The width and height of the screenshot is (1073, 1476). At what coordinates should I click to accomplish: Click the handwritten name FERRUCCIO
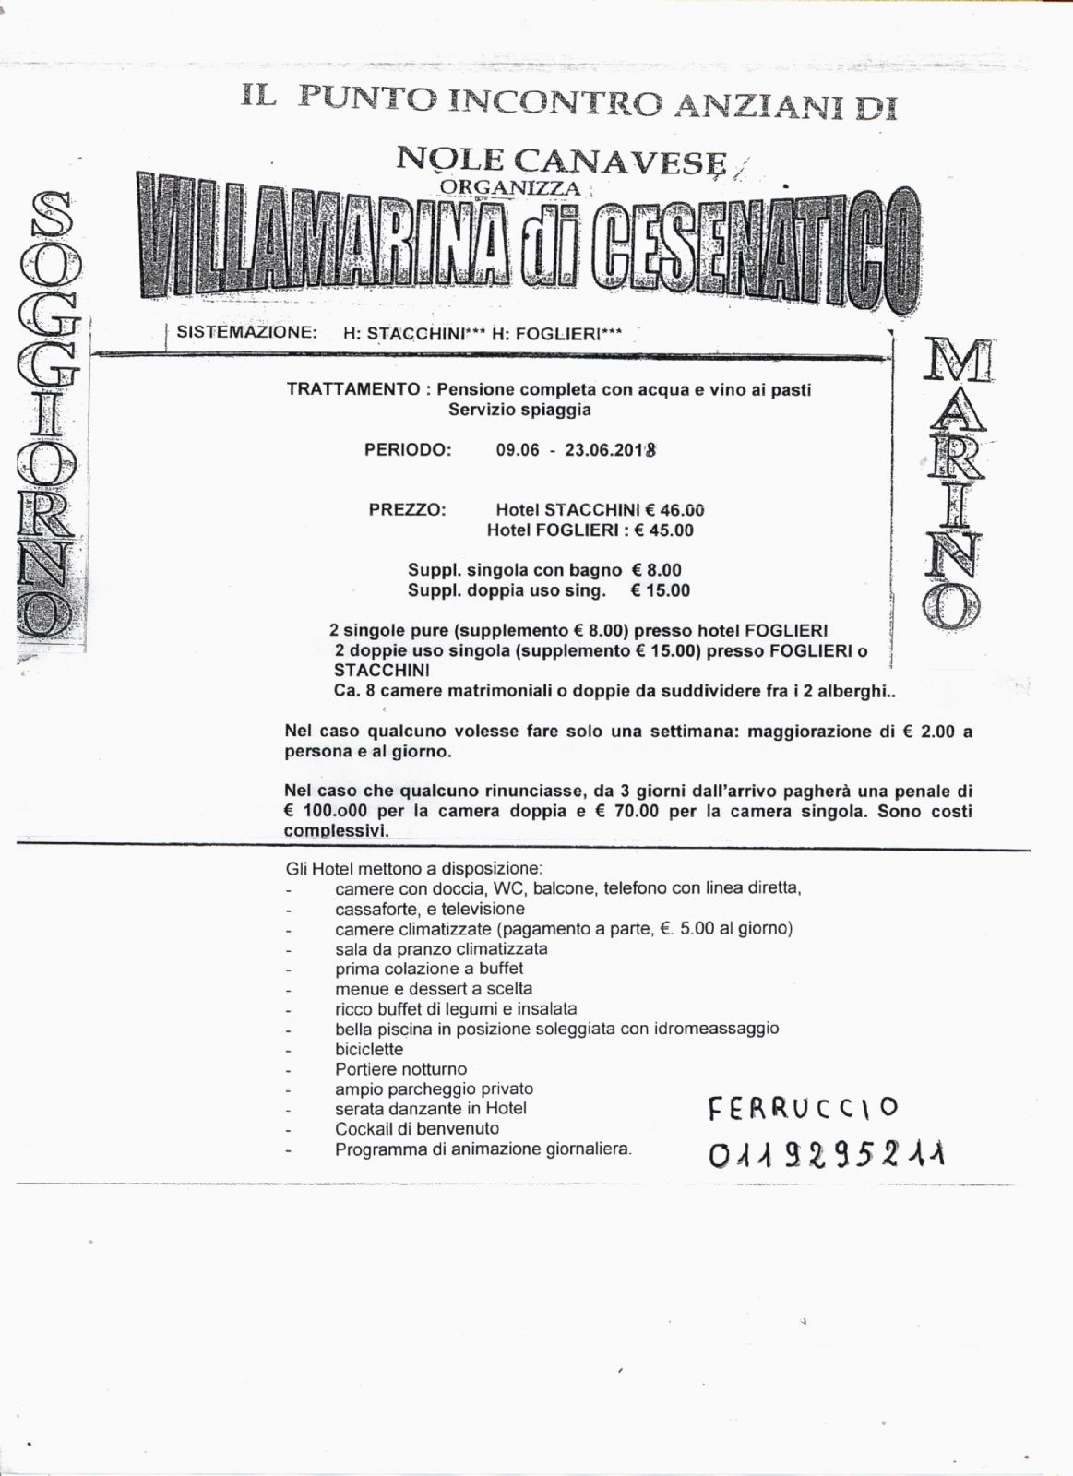click(803, 1107)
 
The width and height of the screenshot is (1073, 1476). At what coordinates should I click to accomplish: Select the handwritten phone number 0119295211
click(827, 1153)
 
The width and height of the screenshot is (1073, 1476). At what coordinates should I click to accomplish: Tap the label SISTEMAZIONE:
click(247, 333)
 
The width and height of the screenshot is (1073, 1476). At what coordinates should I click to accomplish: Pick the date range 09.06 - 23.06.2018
click(576, 451)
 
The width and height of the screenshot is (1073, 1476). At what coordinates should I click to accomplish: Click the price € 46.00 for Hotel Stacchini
click(674, 509)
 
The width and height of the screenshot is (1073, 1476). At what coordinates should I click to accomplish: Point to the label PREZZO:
click(407, 509)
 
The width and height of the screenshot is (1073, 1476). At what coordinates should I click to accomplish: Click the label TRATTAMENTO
click(353, 389)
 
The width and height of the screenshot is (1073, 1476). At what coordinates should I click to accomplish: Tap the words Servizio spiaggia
click(519, 410)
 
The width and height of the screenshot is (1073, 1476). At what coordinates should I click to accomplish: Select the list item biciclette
click(369, 1049)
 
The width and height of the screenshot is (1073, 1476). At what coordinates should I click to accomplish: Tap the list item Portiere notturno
click(401, 1069)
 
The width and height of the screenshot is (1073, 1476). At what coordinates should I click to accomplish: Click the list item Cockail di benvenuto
click(417, 1129)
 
